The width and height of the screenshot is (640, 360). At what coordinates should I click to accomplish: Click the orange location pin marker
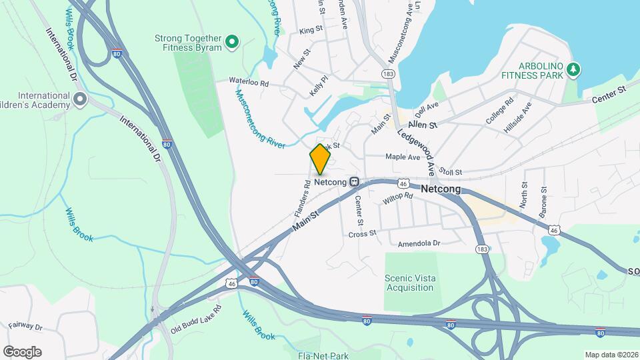(x=320, y=159)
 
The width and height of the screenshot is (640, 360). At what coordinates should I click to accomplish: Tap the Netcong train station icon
(x=355, y=181)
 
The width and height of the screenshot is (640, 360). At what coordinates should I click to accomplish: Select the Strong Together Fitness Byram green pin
(x=232, y=43)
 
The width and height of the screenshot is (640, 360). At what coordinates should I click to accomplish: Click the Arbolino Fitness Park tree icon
(x=573, y=69)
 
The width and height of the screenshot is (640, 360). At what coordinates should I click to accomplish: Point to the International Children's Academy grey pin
(x=80, y=100)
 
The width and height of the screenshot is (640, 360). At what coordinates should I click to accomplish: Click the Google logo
(x=22, y=351)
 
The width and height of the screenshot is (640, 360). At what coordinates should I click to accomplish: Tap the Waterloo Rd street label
(x=248, y=83)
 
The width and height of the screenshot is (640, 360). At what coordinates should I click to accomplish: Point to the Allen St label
(x=423, y=125)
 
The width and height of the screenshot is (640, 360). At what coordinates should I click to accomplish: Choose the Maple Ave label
(x=403, y=157)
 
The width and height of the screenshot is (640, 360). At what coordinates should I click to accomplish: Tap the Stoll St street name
(x=451, y=172)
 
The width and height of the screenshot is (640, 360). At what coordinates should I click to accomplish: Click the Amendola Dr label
(x=419, y=244)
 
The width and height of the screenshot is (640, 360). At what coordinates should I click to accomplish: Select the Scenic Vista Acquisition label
(x=409, y=283)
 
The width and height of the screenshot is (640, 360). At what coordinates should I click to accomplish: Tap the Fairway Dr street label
(x=25, y=327)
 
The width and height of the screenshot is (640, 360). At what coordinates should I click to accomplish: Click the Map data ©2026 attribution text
(x=611, y=354)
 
